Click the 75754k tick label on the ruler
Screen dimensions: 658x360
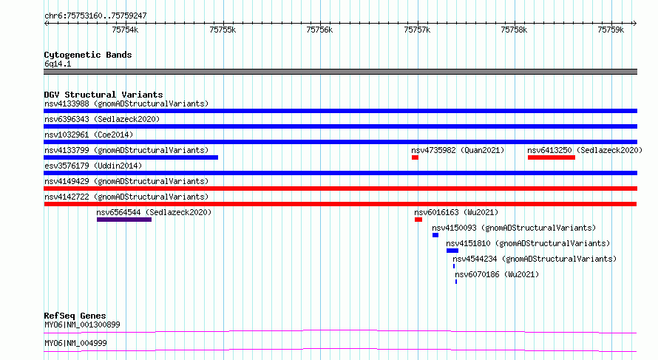[x=125, y=30]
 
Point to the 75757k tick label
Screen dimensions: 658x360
[x=417, y=30]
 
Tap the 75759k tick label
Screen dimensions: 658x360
[x=611, y=30]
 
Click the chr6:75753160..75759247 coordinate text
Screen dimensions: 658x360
[x=95, y=16]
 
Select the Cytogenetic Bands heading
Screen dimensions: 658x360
[x=88, y=55]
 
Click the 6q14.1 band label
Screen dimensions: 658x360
[x=58, y=64]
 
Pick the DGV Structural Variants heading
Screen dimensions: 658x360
[x=104, y=95]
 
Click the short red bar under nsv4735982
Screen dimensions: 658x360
[x=415, y=157]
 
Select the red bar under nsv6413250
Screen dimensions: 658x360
[x=552, y=157]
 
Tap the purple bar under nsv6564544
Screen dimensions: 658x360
[x=124, y=220]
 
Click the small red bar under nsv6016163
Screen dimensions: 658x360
[x=418, y=220]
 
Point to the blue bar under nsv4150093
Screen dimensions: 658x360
[x=435, y=235]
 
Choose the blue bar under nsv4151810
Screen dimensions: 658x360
[x=452, y=251]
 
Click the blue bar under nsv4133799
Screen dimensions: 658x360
[x=131, y=157]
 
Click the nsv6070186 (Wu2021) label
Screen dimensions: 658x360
[x=497, y=274]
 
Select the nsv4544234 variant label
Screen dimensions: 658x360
[x=475, y=259]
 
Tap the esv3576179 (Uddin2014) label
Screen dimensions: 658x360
[x=93, y=166]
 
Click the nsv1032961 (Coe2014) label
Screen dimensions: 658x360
[x=89, y=135]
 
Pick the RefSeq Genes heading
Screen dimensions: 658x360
[x=75, y=316]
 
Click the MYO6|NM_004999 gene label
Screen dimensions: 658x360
[x=75, y=343]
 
